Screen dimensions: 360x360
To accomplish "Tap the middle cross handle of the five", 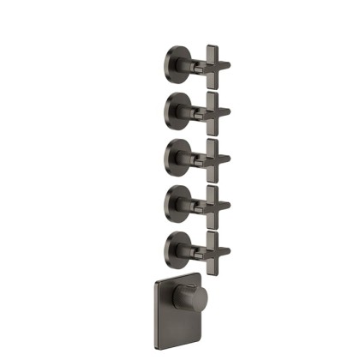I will click(x=212, y=156).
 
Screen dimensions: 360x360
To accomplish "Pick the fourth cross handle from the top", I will click(x=212, y=203).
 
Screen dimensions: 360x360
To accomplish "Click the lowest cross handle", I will click(x=212, y=249).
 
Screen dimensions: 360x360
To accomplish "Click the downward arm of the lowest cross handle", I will click(x=212, y=262).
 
